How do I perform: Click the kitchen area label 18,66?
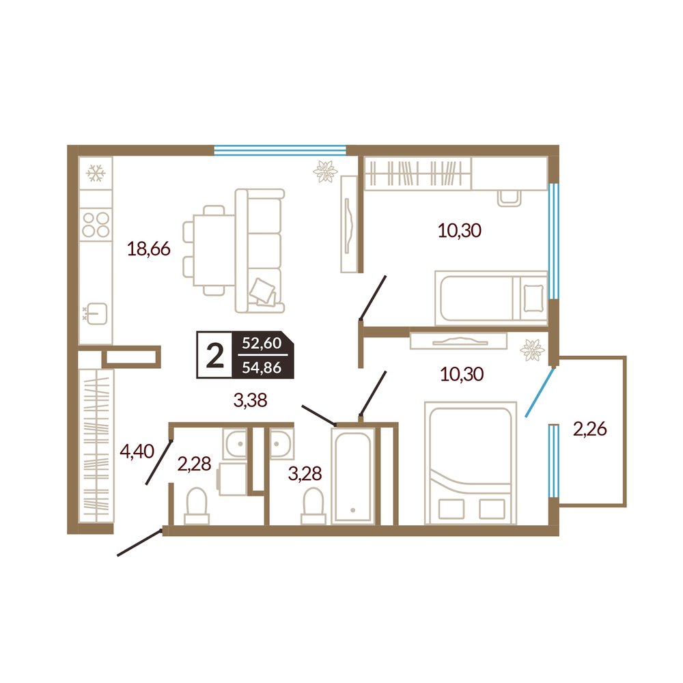(x=148, y=249)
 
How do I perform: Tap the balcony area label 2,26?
(x=590, y=429)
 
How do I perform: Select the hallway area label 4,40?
(x=137, y=451)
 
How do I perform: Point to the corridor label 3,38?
(x=250, y=400)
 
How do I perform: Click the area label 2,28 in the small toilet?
(x=194, y=464)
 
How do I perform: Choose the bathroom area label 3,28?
(x=305, y=473)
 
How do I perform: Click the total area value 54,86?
(x=262, y=367)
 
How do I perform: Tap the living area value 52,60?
(x=262, y=344)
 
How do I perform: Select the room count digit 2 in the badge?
(x=214, y=355)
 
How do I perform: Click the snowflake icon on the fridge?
(x=96, y=173)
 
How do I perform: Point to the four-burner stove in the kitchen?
(x=96, y=224)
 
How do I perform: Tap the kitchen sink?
(x=96, y=313)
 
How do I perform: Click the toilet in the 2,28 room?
(x=197, y=505)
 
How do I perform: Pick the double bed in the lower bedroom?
(x=471, y=463)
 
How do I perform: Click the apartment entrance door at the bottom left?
(x=140, y=543)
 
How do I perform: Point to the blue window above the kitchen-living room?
(x=280, y=151)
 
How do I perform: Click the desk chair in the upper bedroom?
(x=510, y=198)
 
